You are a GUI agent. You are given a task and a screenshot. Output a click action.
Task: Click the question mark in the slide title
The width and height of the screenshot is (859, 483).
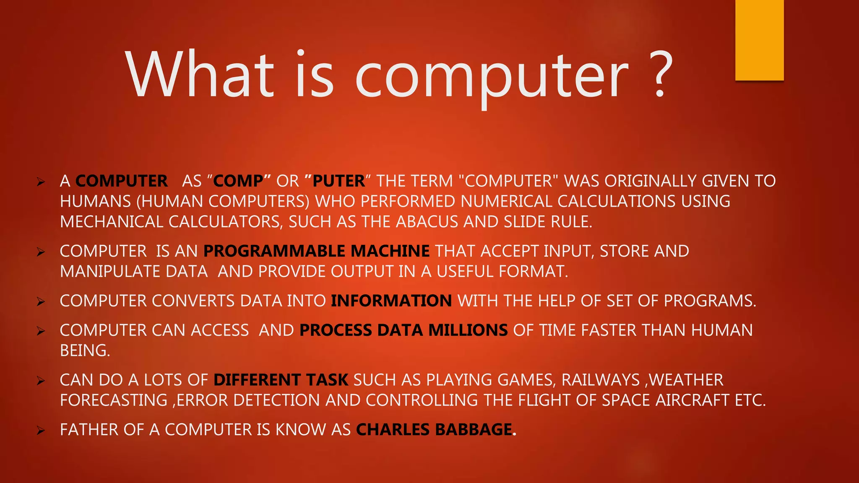[x=660, y=75]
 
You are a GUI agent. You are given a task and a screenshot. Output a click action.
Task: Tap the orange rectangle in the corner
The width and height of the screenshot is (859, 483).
[x=759, y=40]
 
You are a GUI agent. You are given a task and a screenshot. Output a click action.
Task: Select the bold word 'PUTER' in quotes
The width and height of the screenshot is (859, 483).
[x=338, y=181]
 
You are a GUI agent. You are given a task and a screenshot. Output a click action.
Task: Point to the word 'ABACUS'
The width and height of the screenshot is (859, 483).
[x=427, y=222]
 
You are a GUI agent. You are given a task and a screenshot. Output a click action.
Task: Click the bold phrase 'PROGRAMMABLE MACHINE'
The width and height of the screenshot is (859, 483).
[x=316, y=251]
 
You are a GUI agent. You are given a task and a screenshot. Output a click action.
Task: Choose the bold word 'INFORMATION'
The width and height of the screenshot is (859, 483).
[x=391, y=301]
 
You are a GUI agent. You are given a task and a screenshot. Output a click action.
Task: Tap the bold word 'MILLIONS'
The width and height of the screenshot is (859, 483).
[x=468, y=330]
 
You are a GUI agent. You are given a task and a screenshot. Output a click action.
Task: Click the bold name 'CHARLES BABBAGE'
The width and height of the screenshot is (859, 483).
[x=434, y=430]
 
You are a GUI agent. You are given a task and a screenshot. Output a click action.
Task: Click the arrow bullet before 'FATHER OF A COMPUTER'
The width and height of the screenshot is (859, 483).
[x=41, y=430]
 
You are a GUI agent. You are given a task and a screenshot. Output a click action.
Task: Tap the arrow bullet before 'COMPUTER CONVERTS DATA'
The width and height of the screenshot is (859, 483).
[x=41, y=301]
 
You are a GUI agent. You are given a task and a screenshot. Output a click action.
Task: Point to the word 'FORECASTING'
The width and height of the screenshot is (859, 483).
[x=114, y=400]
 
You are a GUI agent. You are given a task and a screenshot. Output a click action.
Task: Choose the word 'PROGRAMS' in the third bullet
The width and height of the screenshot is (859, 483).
[x=709, y=301]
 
